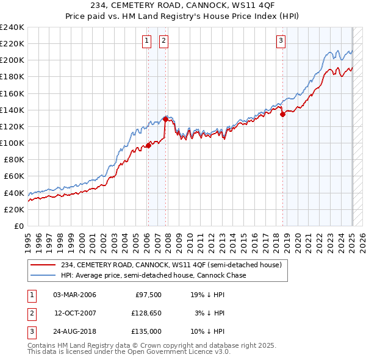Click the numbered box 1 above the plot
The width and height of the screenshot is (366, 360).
click(x=148, y=41)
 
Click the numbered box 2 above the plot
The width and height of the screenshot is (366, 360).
click(x=164, y=41)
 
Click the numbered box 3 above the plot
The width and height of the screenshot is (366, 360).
click(x=281, y=41)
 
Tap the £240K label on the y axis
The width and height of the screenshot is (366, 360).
click(x=12, y=27)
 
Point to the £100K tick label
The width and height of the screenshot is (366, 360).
click(x=12, y=143)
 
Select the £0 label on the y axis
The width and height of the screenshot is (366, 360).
click(x=20, y=226)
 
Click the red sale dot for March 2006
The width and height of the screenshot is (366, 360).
click(x=148, y=145)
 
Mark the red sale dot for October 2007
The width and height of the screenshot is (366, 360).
click(x=165, y=120)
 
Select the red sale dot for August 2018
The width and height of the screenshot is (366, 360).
click(x=282, y=114)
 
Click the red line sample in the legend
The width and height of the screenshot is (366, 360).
click(x=43, y=265)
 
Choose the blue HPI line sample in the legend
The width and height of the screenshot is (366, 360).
click(x=43, y=275)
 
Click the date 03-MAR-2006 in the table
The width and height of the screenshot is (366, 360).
click(x=75, y=295)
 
